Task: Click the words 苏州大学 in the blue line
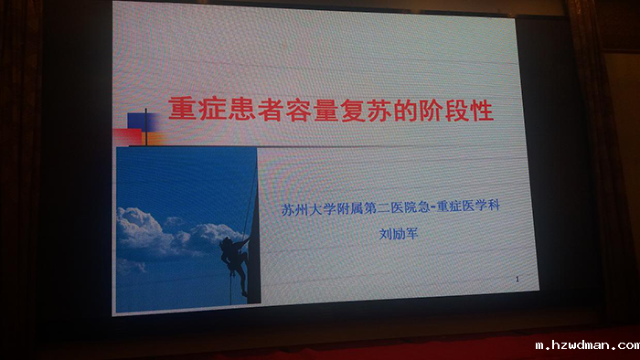tap(308, 209)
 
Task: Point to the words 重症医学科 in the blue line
tap(468, 206)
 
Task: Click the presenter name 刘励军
tap(399, 234)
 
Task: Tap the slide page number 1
tap(517, 280)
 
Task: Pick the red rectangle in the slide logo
tap(127, 137)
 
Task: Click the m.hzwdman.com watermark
tap(587, 345)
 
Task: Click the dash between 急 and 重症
tap(433, 207)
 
